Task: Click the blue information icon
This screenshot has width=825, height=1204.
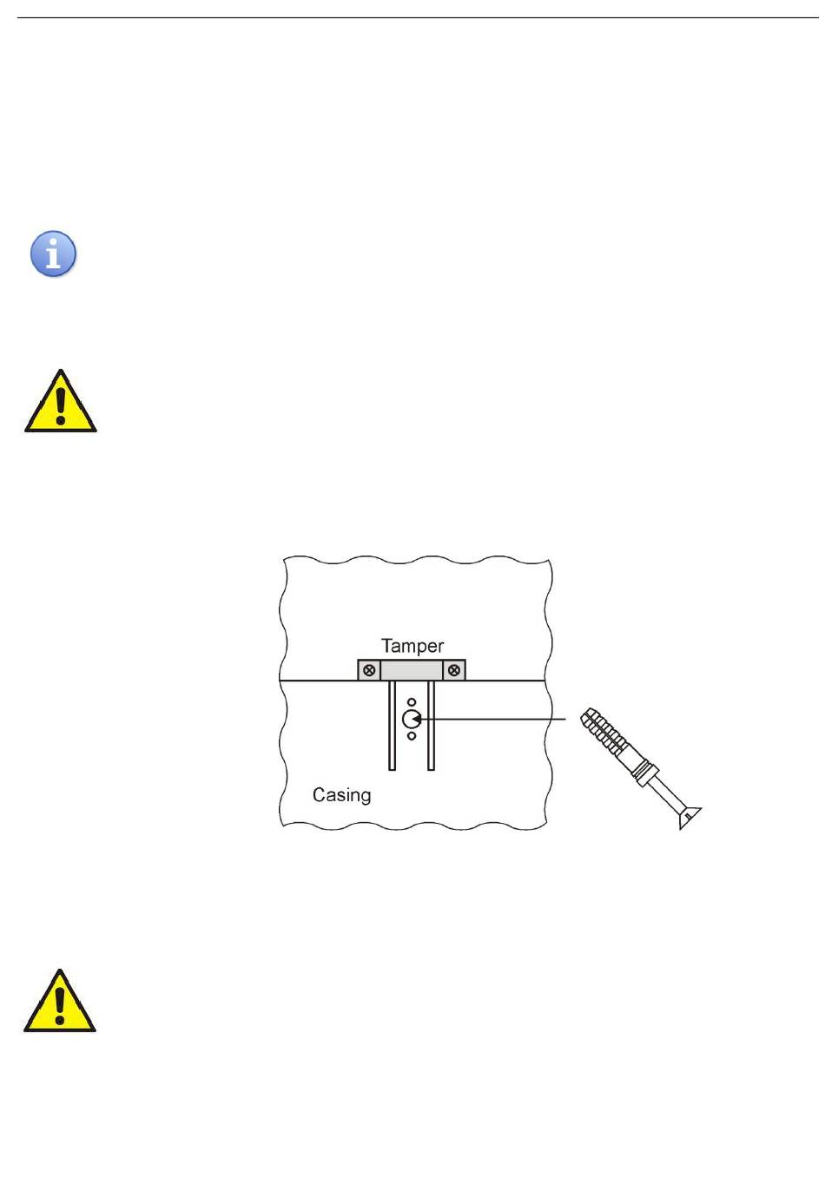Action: pos(53,253)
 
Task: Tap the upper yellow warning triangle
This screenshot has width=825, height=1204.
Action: pos(61,401)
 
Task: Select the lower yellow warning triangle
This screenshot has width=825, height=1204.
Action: pos(60,1001)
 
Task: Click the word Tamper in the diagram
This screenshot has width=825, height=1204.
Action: pos(412,646)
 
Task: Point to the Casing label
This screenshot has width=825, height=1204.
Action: pos(341,795)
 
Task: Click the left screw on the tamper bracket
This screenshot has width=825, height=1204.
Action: pos(369,670)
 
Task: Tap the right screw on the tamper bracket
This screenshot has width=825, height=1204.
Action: pos(454,670)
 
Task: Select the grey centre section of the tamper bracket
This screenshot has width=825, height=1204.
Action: pos(412,670)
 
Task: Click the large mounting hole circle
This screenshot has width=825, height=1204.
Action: pos(412,719)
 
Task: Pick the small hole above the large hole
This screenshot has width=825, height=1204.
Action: pos(412,702)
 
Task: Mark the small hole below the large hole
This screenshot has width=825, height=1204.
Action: pos(412,736)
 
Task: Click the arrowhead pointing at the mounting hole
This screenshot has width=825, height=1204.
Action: pos(416,719)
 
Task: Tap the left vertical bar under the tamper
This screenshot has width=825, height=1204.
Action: pos(392,725)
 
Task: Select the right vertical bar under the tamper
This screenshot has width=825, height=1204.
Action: pos(431,725)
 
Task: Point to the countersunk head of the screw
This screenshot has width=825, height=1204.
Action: pos(689,818)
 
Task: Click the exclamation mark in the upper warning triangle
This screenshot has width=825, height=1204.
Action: pos(61,405)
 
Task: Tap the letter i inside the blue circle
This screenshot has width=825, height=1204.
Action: pos(53,254)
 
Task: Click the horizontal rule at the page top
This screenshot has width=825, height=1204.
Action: pos(418,17)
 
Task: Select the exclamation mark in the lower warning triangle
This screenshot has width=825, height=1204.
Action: pos(60,1005)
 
